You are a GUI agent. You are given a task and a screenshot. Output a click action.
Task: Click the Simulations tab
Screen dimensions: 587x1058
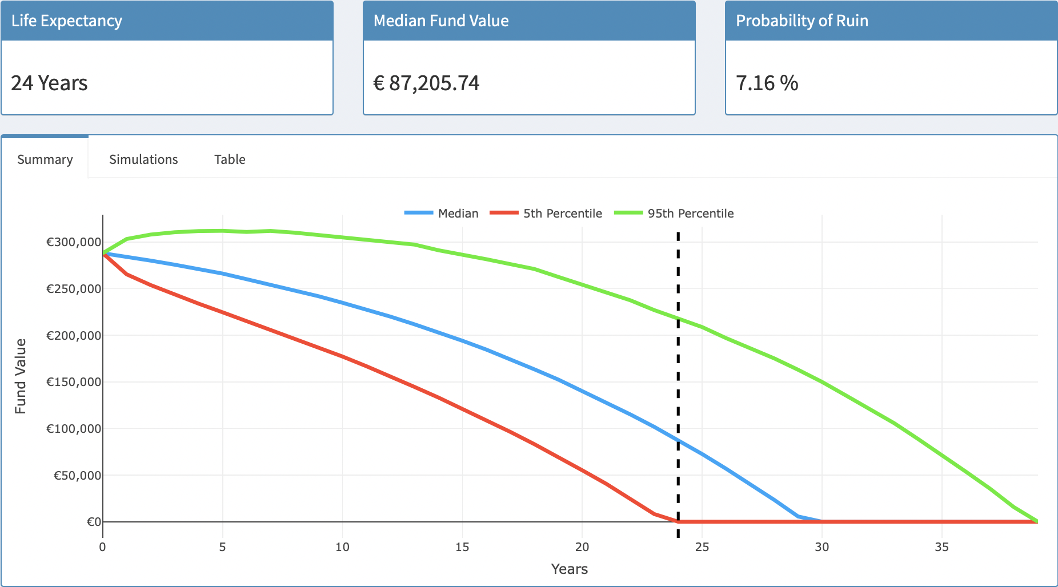tap(143, 159)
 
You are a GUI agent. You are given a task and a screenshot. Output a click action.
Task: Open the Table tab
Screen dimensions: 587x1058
tap(230, 159)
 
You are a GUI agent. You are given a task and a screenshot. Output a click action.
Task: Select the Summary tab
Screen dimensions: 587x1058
tap(45, 159)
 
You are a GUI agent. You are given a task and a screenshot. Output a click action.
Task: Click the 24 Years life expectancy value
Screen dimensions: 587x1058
tap(49, 83)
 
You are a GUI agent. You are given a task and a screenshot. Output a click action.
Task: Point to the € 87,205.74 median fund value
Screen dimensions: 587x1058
tap(426, 83)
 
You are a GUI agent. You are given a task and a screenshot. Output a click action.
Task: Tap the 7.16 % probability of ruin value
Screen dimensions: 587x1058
tap(767, 83)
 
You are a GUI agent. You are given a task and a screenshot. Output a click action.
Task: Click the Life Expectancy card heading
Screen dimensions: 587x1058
tap(67, 21)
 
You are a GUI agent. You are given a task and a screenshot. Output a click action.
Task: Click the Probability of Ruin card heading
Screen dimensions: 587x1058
tap(801, 21)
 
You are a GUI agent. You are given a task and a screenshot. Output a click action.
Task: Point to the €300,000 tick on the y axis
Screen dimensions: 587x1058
tap(74, 242)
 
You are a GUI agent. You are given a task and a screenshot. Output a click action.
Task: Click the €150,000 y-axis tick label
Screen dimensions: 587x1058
tap(74, 382)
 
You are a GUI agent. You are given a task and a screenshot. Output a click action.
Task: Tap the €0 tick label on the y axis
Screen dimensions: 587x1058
tap(94, 522)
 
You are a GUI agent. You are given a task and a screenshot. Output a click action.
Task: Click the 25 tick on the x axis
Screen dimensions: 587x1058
tap(702, 547)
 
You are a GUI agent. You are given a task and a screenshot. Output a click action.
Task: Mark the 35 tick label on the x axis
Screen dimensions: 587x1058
tap(941, 547)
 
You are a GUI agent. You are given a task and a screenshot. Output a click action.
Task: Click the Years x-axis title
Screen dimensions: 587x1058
tap(569, 569)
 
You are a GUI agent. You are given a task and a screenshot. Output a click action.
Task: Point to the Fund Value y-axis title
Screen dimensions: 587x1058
tap(21, 376)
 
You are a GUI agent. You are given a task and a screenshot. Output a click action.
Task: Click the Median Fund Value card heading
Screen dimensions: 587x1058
tap(440, 21)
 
